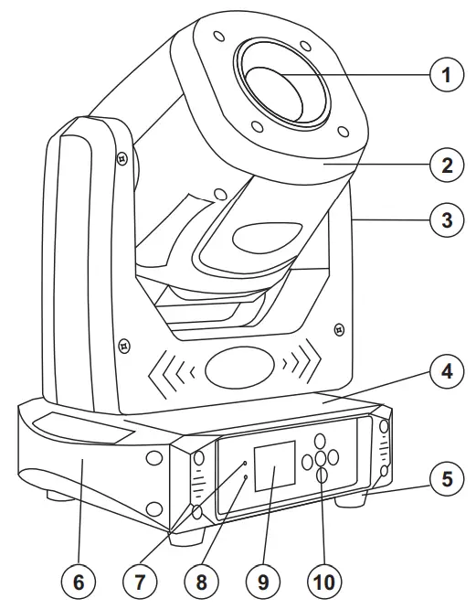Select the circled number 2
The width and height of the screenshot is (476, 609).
tap(446, 166)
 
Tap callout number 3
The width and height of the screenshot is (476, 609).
tap(446, 220)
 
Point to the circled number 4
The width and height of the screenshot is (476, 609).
tap(446, 372)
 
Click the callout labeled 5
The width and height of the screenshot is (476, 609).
tap(446, 479)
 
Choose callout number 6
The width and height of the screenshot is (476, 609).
tap(79, 579)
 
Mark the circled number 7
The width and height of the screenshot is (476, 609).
tap(139, 579)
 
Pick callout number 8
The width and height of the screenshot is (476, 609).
tap(199, 579)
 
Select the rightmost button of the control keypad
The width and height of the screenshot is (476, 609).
tap(334, 454)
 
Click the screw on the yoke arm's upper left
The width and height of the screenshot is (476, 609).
tap(120, 157)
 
